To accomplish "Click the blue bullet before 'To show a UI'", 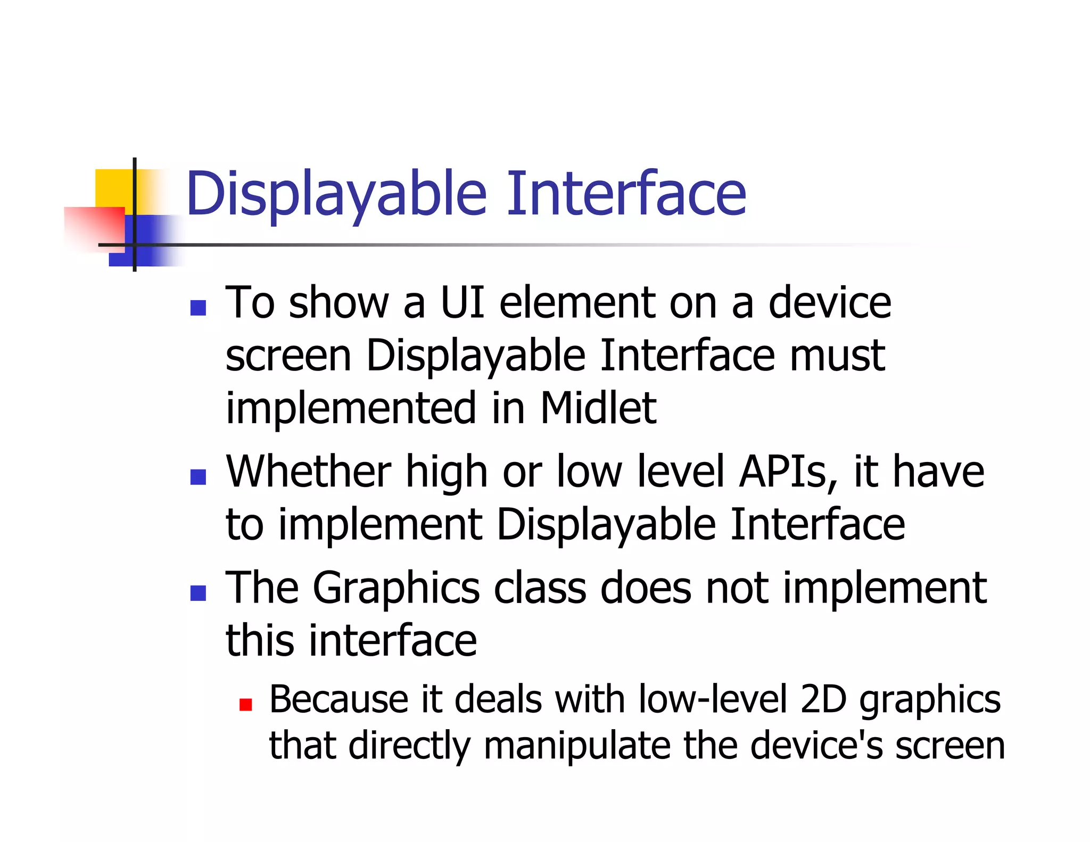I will coord(198,308).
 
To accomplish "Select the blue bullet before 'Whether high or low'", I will coord(198,477).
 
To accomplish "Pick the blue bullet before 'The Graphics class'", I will coord(198,593).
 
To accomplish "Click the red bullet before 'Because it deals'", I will coord(245,705).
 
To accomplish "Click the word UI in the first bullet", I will coord(463,303).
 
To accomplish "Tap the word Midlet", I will coord(598,409).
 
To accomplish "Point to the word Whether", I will coord(309,472).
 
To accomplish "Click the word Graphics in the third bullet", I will coord(396,589).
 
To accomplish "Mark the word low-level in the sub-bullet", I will coord(712,699).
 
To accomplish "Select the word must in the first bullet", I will coord(837,356).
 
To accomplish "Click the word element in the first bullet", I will coord(576,303).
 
